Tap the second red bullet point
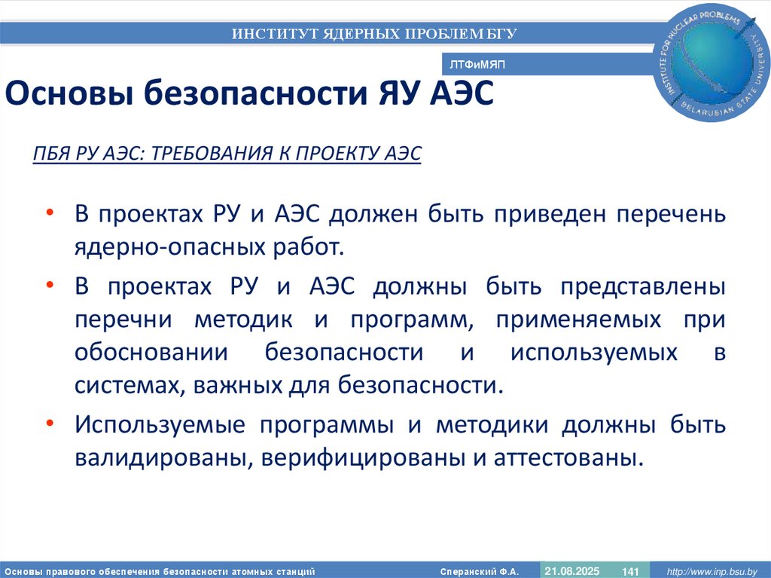click(50, 286)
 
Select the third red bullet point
click(50, 424)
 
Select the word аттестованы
click(568, 457)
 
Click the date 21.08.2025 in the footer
click(571, 570)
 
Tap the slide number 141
click(630, 571)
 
